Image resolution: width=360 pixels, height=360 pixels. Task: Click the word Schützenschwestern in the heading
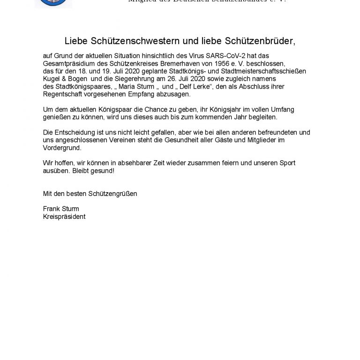coord(124,41)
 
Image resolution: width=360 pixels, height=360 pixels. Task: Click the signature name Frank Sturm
coord(61,209)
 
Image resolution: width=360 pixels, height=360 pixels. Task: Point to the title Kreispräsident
coord(64,216)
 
